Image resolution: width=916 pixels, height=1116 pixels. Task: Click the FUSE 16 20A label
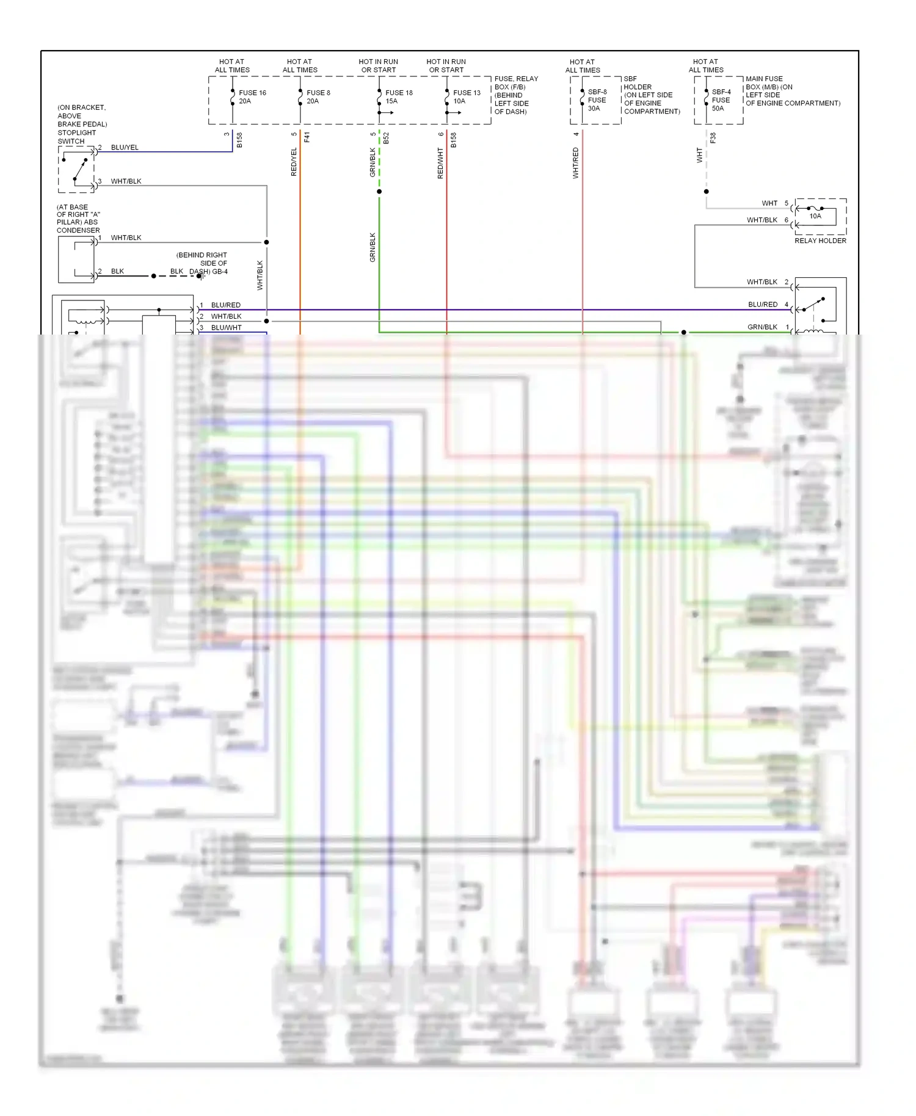pos(252,97)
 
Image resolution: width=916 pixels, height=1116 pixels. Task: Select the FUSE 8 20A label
pos(318,97)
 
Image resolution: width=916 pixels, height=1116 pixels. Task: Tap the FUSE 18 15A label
pos(398,97)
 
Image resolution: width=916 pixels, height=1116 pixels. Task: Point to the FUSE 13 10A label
pos(466,97)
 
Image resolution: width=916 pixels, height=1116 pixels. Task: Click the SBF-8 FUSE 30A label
pos(597,100)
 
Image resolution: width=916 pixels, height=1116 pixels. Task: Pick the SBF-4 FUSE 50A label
pos(721,100)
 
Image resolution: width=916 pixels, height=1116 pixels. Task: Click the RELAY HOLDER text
pos(820,241)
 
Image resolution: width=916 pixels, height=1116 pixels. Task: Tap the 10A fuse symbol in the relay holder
pos(815,211)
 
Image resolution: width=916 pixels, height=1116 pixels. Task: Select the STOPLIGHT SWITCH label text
pos(76,137)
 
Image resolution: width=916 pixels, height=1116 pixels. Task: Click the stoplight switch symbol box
pos(76,169)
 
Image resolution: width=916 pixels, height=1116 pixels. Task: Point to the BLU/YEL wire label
pos(125,148)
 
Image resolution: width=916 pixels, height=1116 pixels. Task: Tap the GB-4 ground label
pos(219,272)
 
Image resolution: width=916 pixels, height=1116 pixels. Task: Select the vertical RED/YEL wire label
pos(294,162)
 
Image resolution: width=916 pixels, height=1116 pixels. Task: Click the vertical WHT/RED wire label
pos(575,162)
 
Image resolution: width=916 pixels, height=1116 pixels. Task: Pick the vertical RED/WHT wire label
pos(440,163)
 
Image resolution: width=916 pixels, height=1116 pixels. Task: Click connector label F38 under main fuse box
pos(713,138)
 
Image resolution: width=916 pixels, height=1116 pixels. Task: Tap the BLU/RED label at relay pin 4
pos(763,304)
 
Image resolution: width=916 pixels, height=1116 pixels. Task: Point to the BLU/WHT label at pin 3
pos(226,328)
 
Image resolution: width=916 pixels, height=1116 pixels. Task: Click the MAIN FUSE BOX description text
pos(792,91)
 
